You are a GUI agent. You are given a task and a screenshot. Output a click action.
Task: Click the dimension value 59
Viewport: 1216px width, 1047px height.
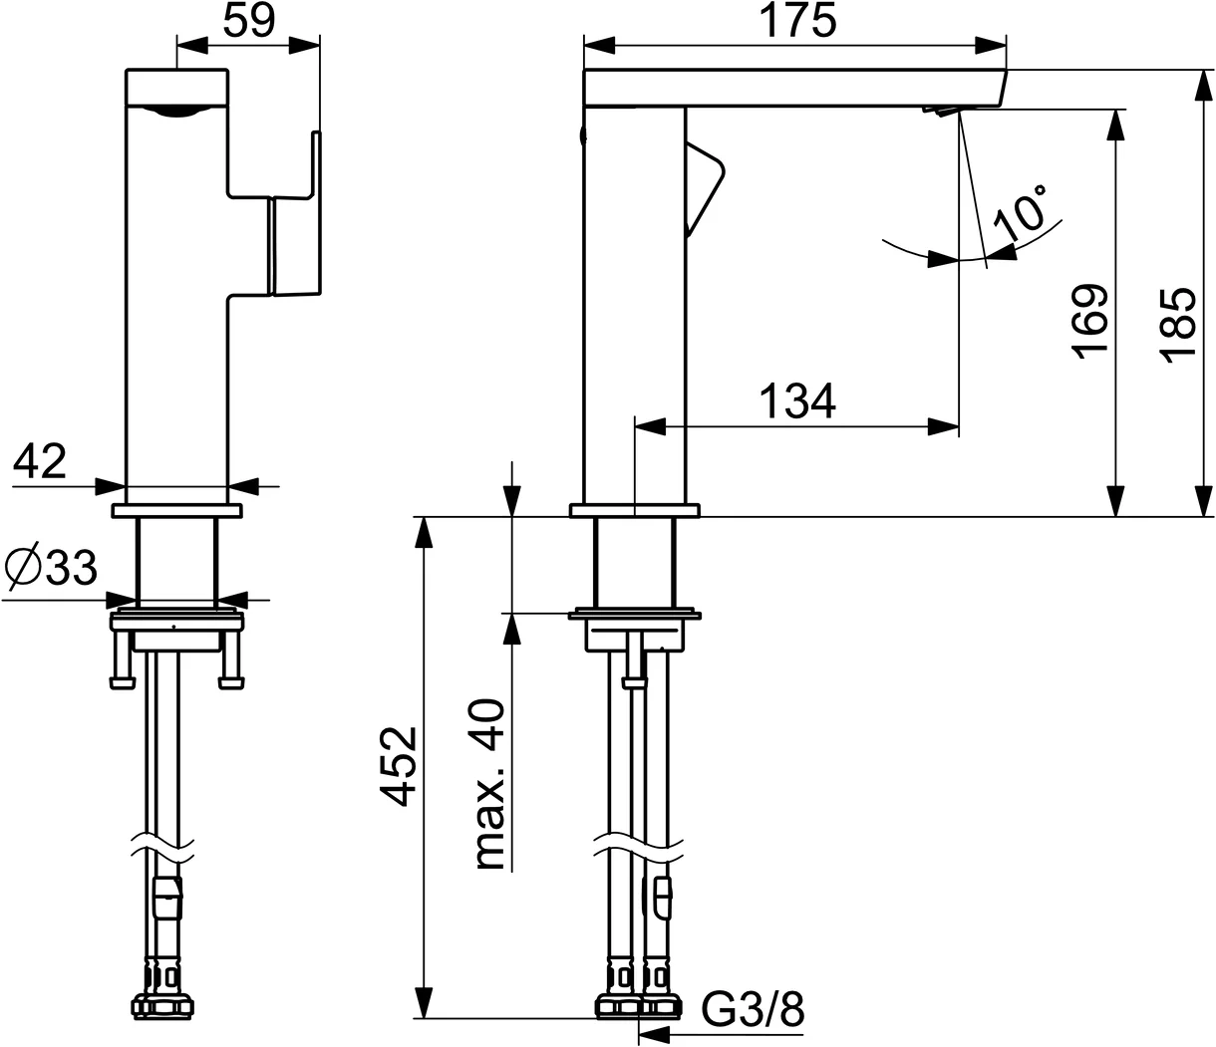248,21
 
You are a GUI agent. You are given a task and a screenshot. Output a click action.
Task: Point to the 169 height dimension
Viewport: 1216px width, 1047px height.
1090,321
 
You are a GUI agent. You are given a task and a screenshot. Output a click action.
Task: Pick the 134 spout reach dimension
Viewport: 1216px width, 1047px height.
797,400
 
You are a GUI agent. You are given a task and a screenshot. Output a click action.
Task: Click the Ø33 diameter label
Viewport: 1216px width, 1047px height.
52,568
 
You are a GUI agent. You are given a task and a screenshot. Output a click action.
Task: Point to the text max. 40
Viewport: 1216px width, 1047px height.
488,785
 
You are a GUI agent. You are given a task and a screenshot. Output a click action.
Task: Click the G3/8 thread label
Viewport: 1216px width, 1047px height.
754,1009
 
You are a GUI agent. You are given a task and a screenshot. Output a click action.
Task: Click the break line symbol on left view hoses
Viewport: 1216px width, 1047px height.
164,846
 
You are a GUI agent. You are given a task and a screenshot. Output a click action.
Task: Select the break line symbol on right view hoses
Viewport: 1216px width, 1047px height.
639,846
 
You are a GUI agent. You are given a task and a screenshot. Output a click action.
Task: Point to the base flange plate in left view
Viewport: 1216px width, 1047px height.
177,511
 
